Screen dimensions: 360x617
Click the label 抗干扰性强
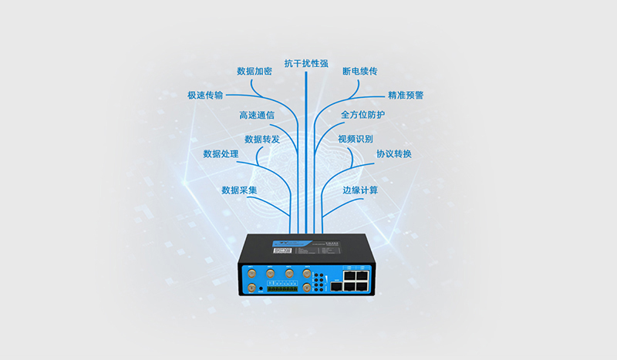point(307,62)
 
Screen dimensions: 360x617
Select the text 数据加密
point(255,71)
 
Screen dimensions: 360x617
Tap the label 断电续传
point(359,71)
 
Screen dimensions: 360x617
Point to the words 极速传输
point(205,95)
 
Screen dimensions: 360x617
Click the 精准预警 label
point(406,96)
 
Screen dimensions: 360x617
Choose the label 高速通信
point(257,115)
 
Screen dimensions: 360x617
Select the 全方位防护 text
point(362,115)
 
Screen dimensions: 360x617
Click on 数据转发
point(262,140)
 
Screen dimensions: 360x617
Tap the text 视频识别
point(356,140)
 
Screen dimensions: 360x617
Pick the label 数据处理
point(221,154)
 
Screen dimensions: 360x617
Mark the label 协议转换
point(394,154)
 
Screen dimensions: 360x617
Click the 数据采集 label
point(239,190)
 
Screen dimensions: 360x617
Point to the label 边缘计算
point(360,190)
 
